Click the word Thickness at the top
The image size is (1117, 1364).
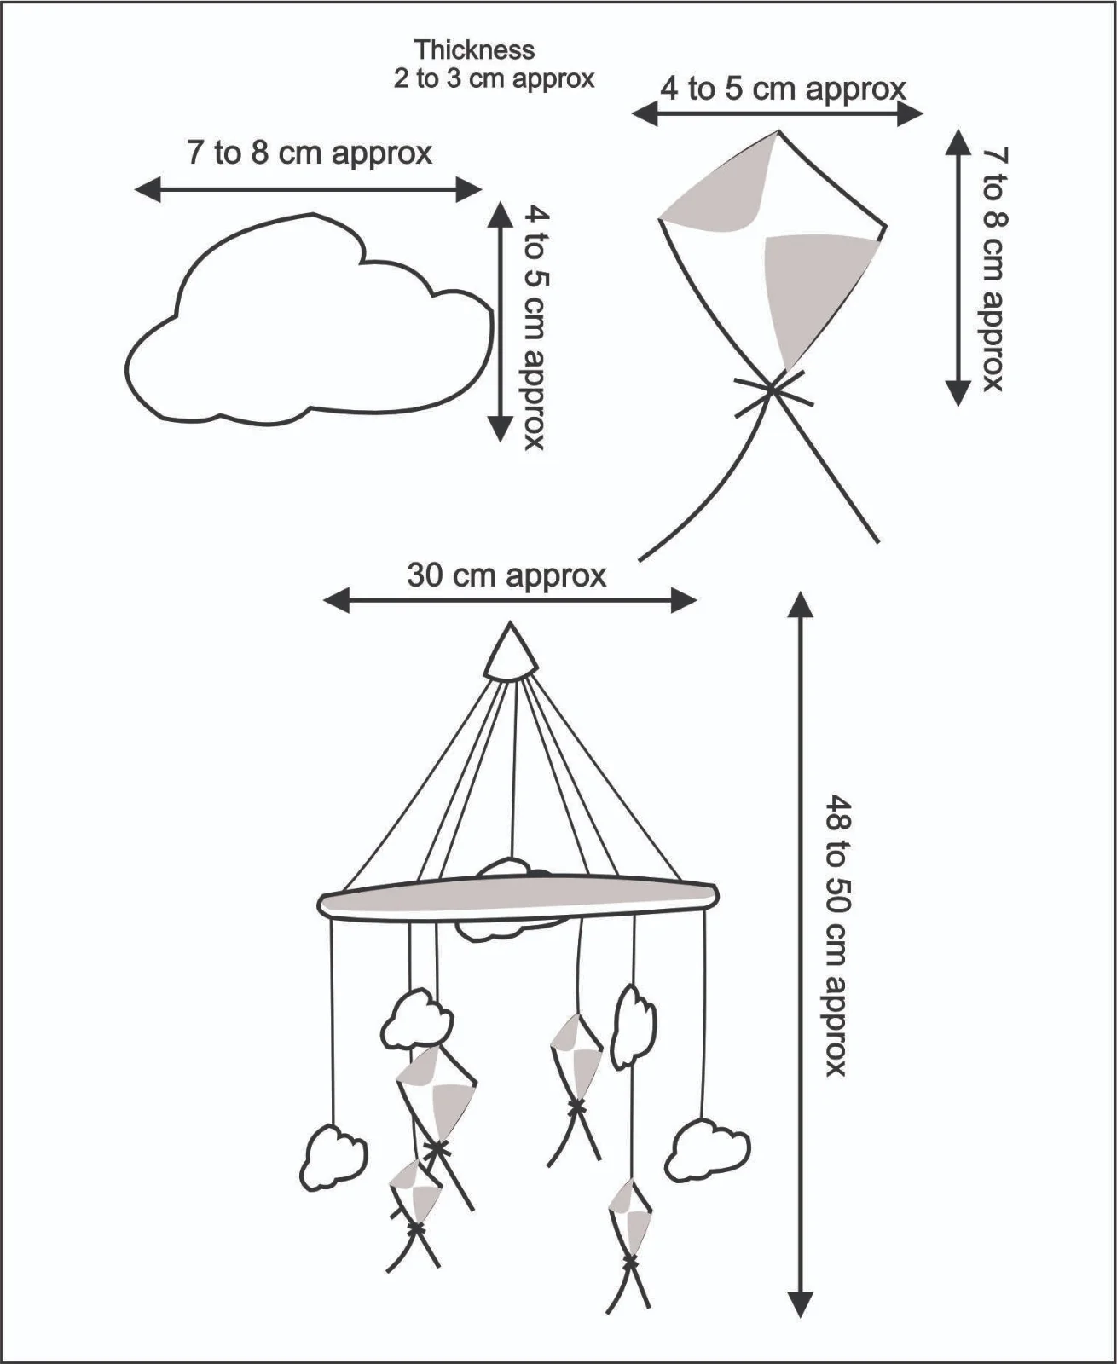tap(475, 49)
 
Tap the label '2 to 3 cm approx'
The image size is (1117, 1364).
tap(495, 79)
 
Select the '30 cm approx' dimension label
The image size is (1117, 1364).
tap(507, 575)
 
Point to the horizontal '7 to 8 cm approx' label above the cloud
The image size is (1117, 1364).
tap(310, 153)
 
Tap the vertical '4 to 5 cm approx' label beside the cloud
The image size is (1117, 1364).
tap(535, 328)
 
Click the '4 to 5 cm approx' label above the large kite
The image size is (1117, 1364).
tap(784, 89)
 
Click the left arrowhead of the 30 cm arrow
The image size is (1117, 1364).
tap(336, 601)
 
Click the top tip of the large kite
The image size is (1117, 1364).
tap(778, 131)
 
